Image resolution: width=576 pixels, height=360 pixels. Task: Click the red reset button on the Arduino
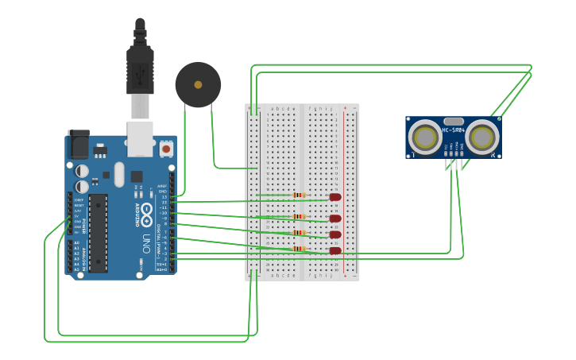[x=166, y=148]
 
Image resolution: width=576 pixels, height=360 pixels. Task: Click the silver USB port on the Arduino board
[x=141, y=137]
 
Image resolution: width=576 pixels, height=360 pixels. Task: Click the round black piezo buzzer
[x=198, y=84]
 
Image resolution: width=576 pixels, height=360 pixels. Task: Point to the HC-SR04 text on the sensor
[x=453, y=130]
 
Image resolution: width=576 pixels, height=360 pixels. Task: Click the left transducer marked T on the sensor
[x=425, y=138]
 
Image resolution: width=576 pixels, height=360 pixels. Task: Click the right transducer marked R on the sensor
[x=482, y=138]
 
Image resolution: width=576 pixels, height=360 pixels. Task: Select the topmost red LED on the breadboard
[x=335, y=197]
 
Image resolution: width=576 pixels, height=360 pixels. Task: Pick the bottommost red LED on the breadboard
[x=335, y=251]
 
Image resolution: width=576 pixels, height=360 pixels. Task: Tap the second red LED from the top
[x=335, y=218]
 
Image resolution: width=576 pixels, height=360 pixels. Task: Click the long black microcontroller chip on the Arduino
[x=98, y=233]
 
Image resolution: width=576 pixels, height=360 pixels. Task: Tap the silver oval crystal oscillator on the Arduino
[x=119, y=174]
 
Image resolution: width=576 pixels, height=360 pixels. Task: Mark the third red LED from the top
[x=335, y=234]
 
